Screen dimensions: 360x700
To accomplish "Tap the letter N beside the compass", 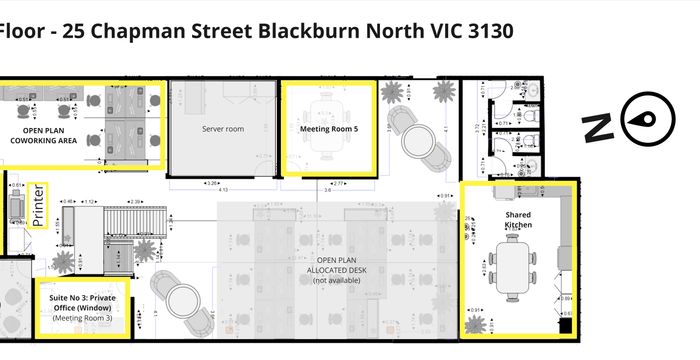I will point(599,127).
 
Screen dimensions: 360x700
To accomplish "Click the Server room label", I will point(222,129).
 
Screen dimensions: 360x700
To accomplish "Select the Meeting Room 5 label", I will point(328,129).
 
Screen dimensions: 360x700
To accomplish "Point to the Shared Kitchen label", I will point(518,220).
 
